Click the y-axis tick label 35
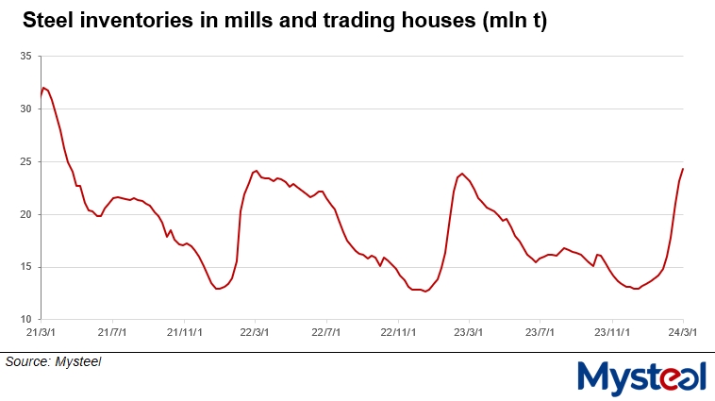coord(26,57)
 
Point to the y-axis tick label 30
coord(26,109)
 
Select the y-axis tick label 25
coord(26,162)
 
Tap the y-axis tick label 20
coord(26,214)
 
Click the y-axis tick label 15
coord(26,267)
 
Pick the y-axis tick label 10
coord(26,319)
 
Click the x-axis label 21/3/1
coord(41,332)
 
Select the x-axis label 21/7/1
coord(112,332)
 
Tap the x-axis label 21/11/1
coord(184,332)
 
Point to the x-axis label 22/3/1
coord(255,332)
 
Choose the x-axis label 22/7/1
coord(326,332)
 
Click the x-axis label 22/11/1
coord(398,332)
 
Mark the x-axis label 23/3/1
coord(469,332)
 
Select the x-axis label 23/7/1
coord(540,332)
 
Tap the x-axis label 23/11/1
coord(612,332)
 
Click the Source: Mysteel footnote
coord(53,361)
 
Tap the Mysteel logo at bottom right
coord(640,377)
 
